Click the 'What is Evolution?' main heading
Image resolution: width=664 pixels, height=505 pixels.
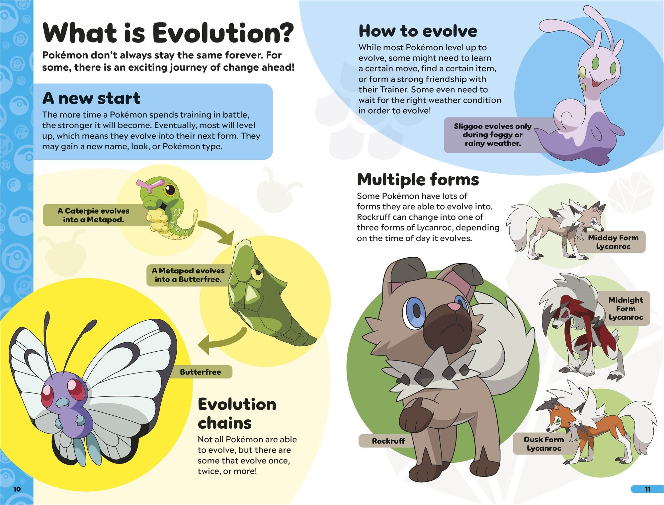(168, 33)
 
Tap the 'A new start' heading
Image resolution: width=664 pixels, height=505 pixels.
(91, 98)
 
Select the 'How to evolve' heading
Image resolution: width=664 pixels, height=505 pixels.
(418, 31)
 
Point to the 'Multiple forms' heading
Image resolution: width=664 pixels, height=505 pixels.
(418, 180)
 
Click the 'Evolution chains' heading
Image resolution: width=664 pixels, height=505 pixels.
(237, 414)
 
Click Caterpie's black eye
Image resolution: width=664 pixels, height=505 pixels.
(170, 191)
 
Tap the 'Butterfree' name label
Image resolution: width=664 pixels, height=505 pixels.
(201, 372)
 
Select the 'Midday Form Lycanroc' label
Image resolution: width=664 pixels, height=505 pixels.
(613, 242)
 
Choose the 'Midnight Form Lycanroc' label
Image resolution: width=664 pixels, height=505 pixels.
(626, 308)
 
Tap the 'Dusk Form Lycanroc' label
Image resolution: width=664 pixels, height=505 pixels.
(544, 444)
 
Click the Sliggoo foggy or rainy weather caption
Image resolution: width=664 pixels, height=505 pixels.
(493, 135)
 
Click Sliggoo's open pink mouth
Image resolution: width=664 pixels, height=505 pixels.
(598, 84)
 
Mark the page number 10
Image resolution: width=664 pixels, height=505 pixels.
(17, 489)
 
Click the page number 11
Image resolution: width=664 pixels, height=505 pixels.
(647, 489)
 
